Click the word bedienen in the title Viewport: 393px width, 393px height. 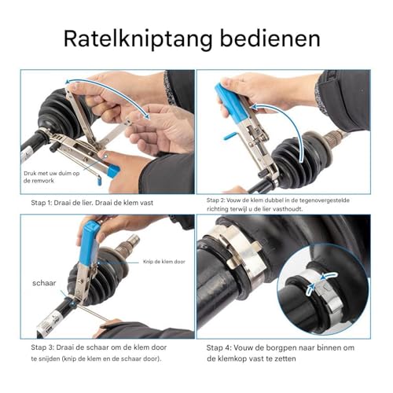(x=270, y=39)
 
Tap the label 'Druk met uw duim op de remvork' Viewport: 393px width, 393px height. (x=51, y=177)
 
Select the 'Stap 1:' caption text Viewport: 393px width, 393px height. (x=41, y=203)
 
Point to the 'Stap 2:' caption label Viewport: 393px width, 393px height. (x=215, y=200)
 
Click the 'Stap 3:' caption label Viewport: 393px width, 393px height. (x=42, y=347)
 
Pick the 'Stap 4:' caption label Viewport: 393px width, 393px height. (x=219, y=348)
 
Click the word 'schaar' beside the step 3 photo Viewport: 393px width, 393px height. (x=44, y=283)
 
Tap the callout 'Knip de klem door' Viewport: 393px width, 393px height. (x=164, y=262)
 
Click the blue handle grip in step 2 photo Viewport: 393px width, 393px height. (x=231, y=103)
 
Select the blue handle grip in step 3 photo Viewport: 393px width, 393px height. (x=89, y=242)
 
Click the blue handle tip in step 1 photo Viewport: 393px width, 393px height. (x=113, y=170)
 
